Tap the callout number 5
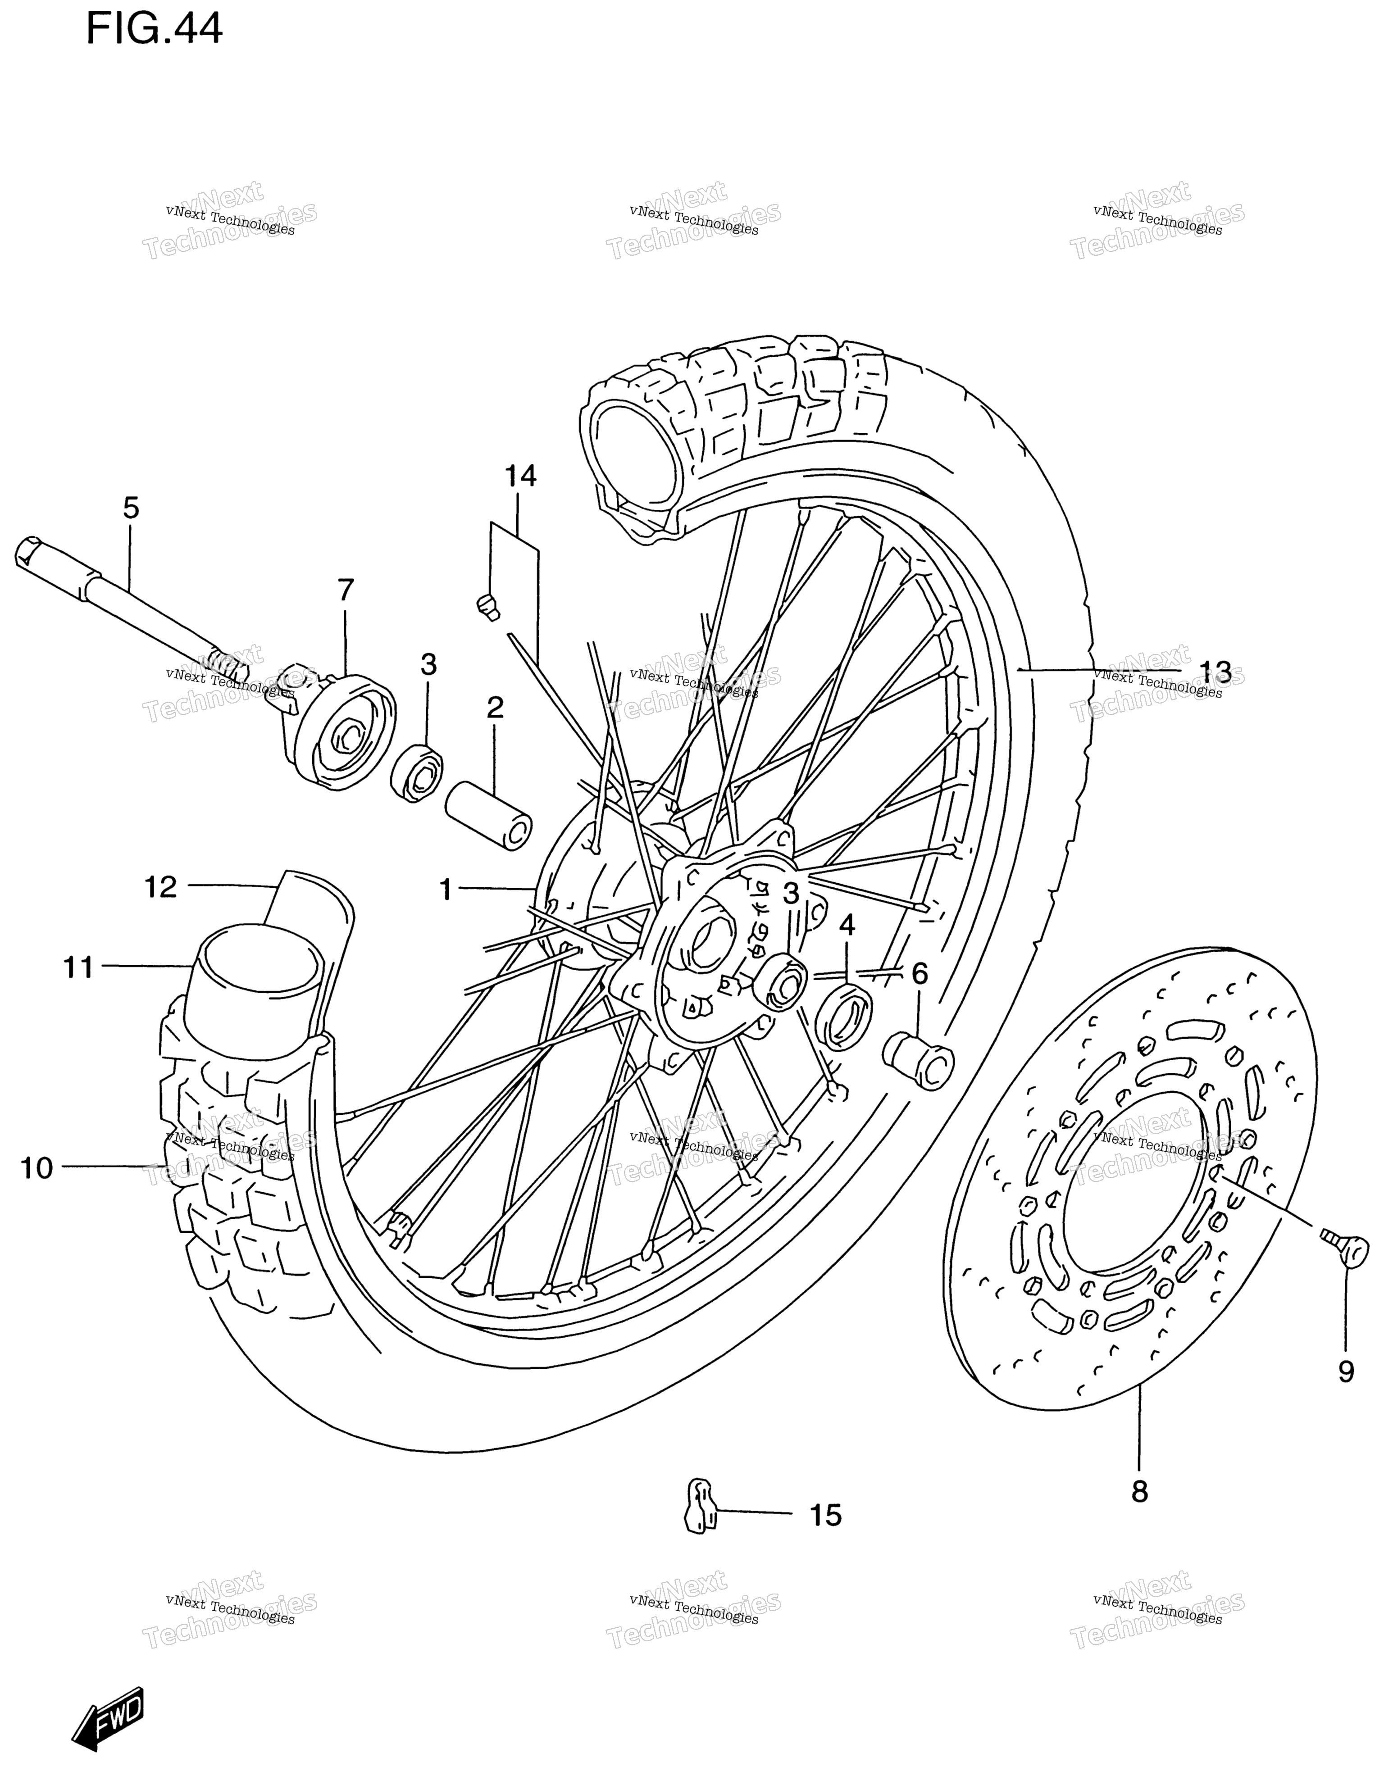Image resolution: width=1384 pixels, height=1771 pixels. tap(131, 509)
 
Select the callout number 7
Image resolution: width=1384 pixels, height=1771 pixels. tap(346, 590)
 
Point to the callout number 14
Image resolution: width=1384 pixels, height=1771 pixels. tap(521, 476)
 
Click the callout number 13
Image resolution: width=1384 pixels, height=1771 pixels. tap(1215, 672)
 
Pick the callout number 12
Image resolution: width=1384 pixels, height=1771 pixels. tap(161, 887)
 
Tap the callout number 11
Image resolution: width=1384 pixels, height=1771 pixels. tap(79, 967)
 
